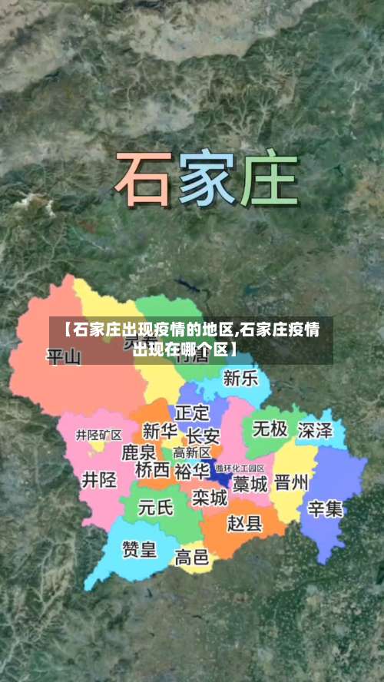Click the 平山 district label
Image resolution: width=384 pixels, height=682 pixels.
pos(64,356)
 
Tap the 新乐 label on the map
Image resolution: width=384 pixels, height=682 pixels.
pos(240,378)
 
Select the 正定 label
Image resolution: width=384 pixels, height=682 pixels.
pos(192,412)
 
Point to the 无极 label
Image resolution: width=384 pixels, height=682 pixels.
pos(270,428)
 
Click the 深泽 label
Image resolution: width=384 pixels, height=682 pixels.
pos(315,430)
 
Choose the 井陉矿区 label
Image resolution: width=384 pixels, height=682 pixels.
pos(98,435)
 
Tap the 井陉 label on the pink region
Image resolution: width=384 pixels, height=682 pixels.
pos(100,480)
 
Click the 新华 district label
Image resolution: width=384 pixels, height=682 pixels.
pos(161,431)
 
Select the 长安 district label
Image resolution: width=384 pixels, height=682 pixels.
pos(203,435)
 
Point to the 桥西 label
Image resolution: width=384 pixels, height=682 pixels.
pos(152,469)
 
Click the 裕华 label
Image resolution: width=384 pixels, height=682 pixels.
pos(191,470)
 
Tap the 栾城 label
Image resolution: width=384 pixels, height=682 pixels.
pos(210,498)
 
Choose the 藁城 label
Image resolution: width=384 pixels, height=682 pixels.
pos(250,484)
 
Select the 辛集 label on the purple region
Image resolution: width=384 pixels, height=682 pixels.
pos(326,508)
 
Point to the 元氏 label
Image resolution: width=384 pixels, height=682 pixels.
pos(156,508)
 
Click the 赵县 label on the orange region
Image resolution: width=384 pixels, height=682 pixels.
pos(245,523)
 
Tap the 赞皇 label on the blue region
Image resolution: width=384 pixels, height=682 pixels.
pos(140,549)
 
